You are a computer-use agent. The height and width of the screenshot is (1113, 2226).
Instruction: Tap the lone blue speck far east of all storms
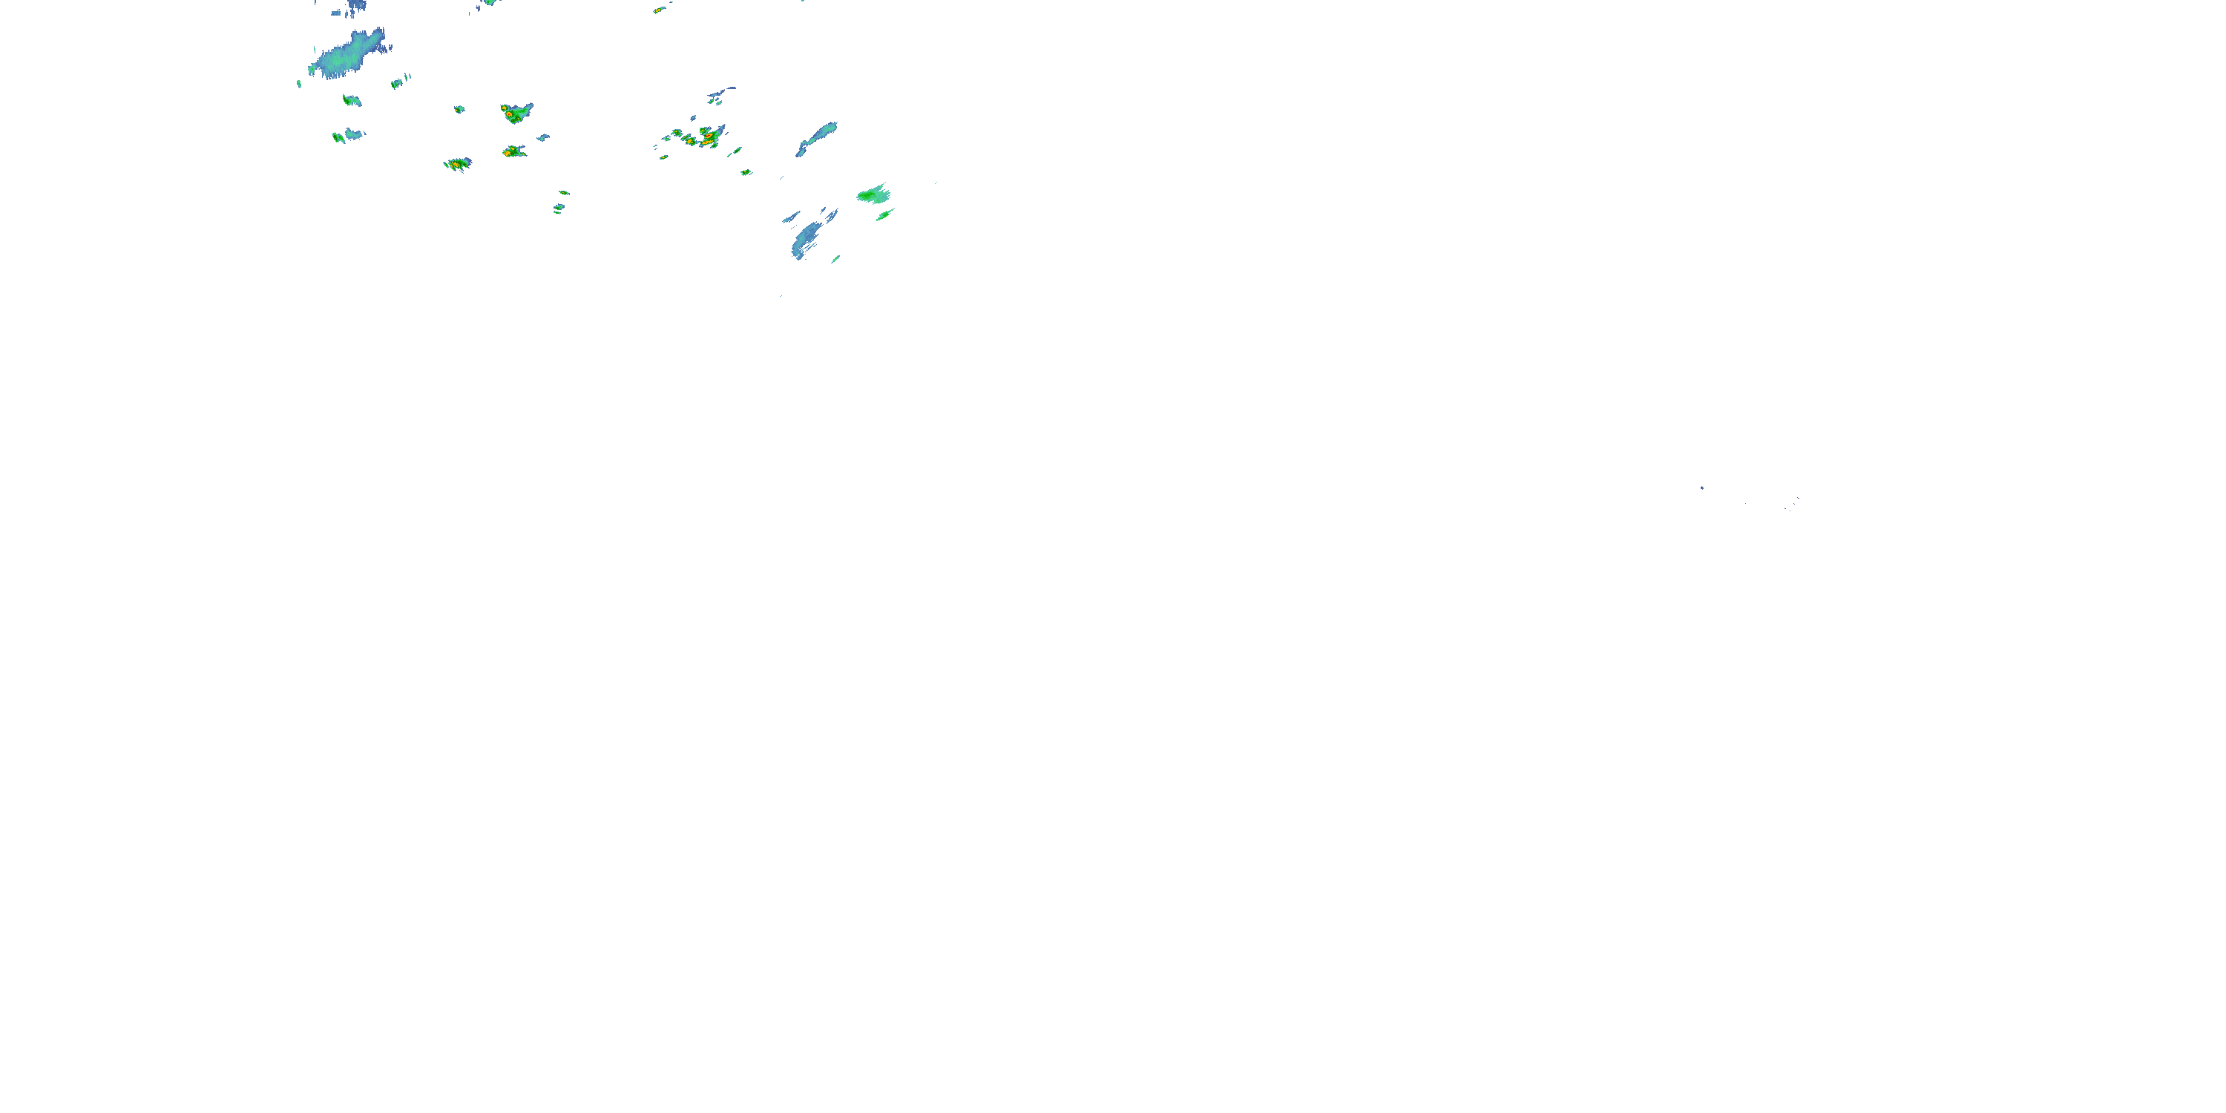tap(1701, 487)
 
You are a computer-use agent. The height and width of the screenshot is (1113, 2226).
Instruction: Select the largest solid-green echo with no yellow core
tap(873, 195)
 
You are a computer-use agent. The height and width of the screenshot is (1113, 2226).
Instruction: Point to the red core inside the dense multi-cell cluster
tap(708, 136)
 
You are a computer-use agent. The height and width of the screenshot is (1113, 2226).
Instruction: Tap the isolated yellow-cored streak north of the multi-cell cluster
tap(660, 10)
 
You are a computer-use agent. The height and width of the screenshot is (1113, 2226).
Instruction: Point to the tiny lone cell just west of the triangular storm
tap(460, 109)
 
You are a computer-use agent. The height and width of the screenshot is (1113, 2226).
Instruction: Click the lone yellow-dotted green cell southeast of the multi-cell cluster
tap(746, 172)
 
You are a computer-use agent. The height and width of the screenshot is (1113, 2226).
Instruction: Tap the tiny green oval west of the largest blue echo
tap(299, 84)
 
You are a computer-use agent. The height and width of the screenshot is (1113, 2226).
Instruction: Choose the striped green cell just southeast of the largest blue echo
tap(398, 83)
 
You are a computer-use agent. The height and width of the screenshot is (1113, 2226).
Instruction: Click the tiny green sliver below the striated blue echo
tap(835, 258)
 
